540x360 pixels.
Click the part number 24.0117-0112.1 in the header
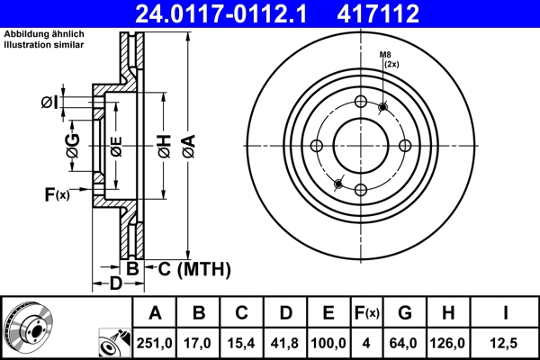click(x=230, y=13)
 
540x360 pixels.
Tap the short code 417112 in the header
click(x=404, y=13)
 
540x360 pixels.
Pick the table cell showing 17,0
click(x=200, y=343)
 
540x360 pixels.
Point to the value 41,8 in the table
click(x=286, y=343)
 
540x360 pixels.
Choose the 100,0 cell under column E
click(x=329, y=343)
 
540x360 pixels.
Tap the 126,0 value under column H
click(x=446, y=343)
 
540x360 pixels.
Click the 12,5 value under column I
click(x=504, y=343)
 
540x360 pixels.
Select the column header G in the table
click(x=404, y=313)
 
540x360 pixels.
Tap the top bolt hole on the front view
click(x=361, y=102)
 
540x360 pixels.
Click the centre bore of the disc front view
click(x=361, y=146)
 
